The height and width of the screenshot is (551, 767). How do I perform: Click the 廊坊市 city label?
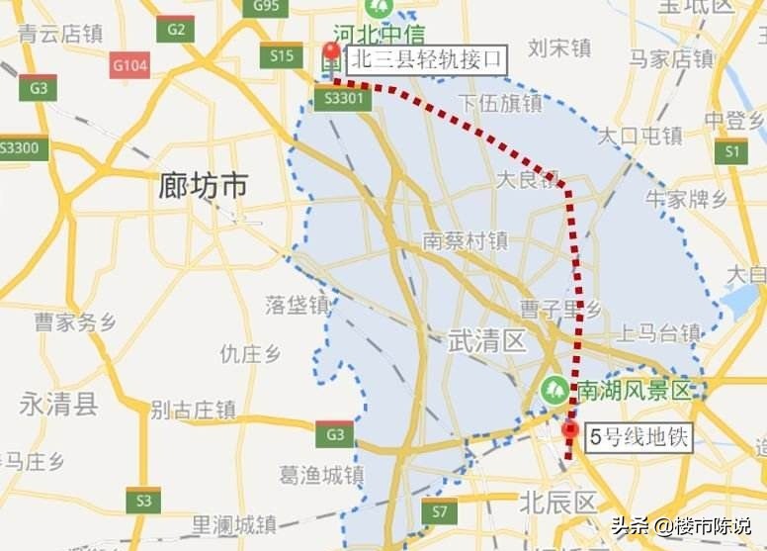[203, 185]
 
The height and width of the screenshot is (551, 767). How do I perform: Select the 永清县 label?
[59, 404]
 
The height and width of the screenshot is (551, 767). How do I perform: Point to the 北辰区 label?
[558, 502]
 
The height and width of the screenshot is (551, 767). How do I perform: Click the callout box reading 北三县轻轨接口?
[426, 60]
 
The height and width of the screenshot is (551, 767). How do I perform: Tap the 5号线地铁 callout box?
[639, 436]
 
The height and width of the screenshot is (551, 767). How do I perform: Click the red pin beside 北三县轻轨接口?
[331, 53]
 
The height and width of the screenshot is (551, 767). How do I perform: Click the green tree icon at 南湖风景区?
[554, 389]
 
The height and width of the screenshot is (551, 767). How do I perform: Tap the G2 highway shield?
[175, 29]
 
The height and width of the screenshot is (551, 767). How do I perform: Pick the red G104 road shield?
[129, 66]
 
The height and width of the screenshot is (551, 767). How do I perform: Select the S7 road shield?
[439, 511]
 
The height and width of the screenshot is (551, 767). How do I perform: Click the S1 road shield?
[731, 151]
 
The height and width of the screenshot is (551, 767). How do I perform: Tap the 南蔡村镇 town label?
[465, 240]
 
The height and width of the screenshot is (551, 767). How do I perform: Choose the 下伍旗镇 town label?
[499, 103]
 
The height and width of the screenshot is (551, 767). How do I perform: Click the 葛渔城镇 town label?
[321, 475]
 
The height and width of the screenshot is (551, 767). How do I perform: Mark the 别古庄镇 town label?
[193, 409]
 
